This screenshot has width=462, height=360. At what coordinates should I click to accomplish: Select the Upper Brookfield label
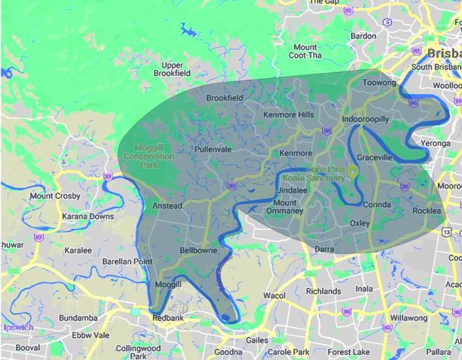coord(173,69)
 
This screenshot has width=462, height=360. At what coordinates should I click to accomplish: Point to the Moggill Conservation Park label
coord(149,155)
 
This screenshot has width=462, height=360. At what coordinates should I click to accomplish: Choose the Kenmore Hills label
coord(288,115)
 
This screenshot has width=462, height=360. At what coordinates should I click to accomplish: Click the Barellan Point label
coord(127,262)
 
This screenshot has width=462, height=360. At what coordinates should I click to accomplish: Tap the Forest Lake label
coord(349,352)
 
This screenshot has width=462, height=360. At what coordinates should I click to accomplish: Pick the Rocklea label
coord(426,211)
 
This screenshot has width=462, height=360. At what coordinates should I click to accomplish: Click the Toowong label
coord(379,83)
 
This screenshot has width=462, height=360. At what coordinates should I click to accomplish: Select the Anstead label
coord(168,206)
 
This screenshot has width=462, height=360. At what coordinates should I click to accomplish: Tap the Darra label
coord(324,249)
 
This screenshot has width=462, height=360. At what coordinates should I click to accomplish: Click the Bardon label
coord(363,36)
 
